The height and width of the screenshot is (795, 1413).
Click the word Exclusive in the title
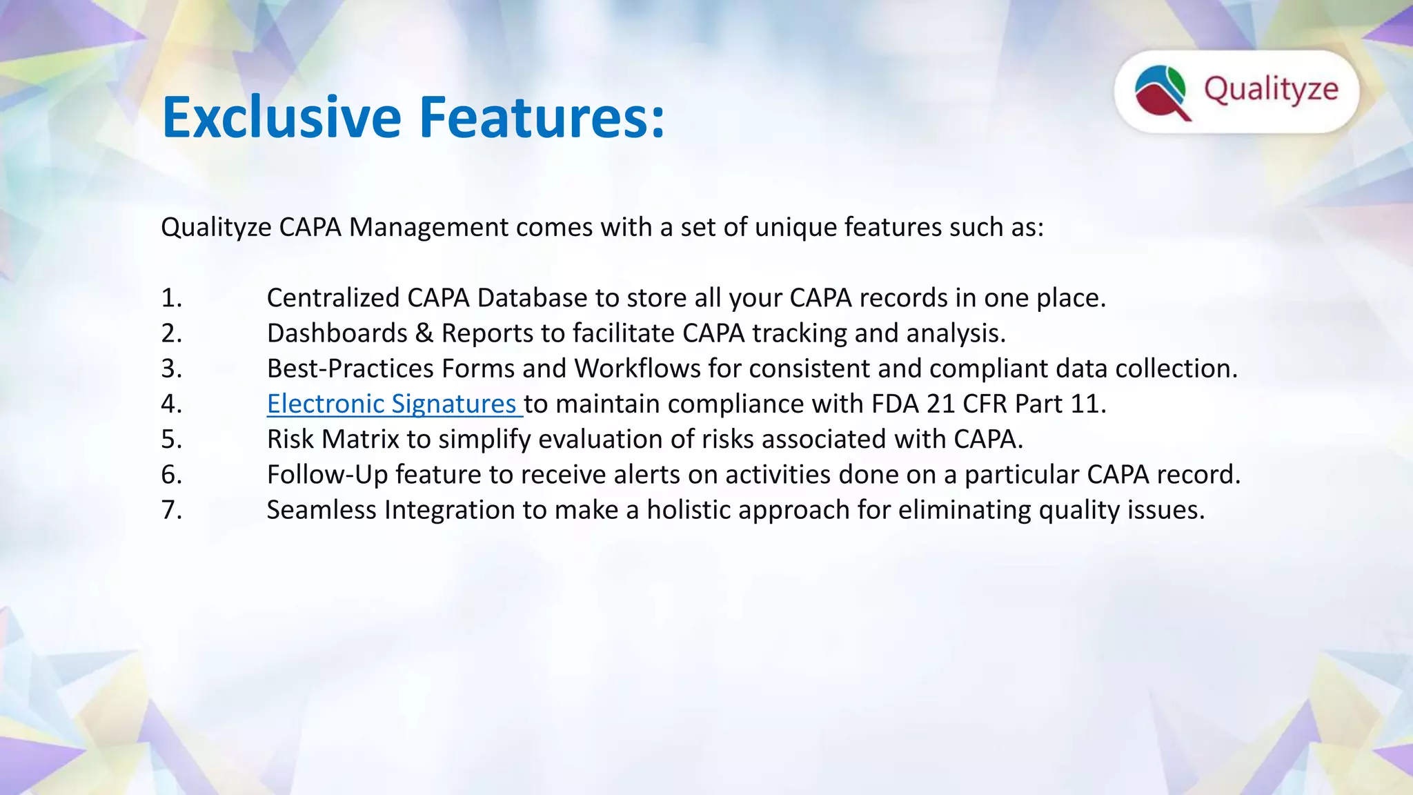[x=281, y=117]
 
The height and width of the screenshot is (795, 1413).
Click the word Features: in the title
[x=542, y=117]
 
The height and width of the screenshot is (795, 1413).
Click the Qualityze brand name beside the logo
[x=1271, y=90]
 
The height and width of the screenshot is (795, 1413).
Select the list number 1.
[x=171, y=298]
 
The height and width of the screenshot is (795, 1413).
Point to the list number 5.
[x=171, y=440]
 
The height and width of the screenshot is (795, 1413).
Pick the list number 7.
[x=171, y=510]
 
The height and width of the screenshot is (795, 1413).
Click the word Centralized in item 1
[x=333, y=298]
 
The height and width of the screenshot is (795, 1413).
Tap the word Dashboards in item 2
[x=337, y=333]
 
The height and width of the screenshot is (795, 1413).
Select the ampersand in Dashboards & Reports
[x=424, y=333]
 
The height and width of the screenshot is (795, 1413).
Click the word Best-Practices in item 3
[x=350, y=369]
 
